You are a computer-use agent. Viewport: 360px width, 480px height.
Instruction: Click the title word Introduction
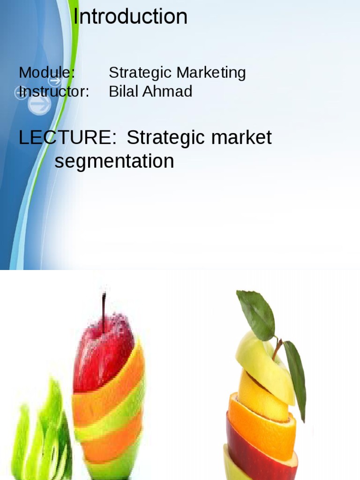130,17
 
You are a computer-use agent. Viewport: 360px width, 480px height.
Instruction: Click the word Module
46,73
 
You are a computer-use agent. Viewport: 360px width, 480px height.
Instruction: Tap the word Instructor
53,91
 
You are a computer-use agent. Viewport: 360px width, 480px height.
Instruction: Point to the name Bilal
124,91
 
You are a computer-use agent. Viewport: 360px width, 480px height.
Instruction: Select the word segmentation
114,162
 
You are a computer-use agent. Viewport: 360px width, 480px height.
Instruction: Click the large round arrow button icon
39,105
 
